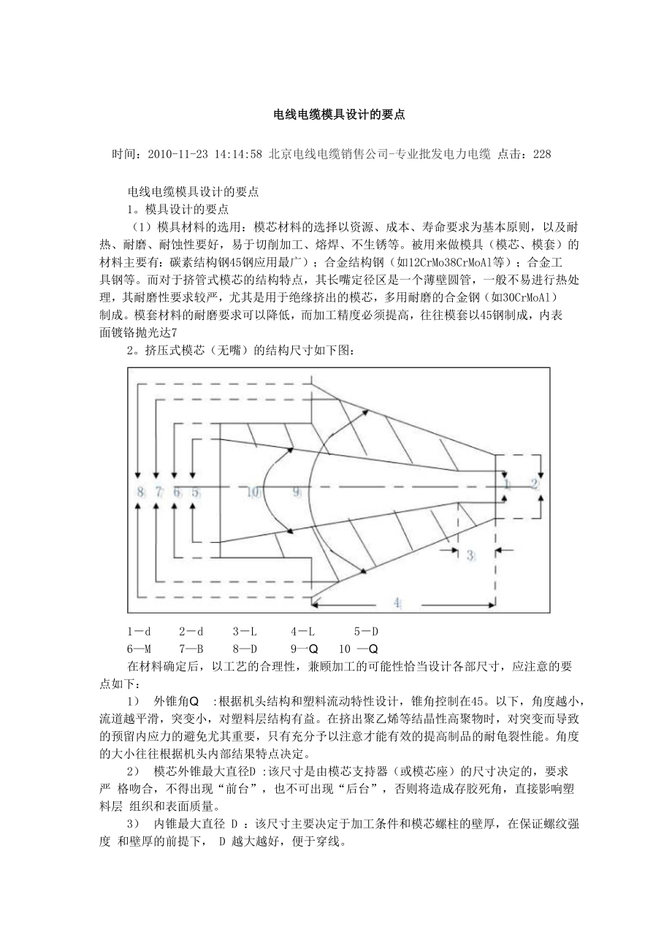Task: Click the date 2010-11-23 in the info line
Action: click(177, 155)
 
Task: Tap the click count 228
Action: click(542, 155)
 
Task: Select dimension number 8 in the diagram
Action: click(140, 492)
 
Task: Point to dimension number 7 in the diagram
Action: click(159, 492)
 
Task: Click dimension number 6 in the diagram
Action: click(177, 492)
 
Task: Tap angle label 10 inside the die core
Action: click(253, 492)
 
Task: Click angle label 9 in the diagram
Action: click(297, 492)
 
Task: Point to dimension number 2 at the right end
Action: click(534, 484)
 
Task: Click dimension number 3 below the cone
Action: click(470, 556)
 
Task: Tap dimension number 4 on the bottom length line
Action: click(397, 603)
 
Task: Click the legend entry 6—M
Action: click(139, 648)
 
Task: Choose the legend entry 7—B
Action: click(191, 648)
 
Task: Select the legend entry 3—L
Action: click(245, 630)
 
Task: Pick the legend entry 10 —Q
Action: click(358, 648)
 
